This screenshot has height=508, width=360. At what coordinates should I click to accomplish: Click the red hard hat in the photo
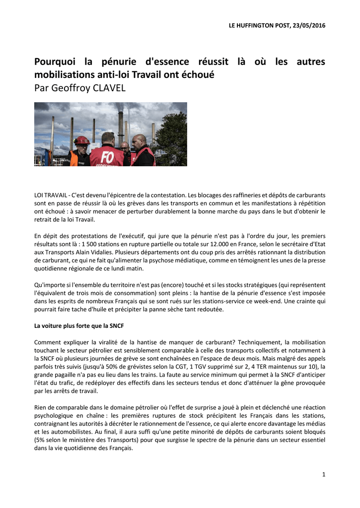[81, 140]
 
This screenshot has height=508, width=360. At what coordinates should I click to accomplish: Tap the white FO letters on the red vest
[108, 158]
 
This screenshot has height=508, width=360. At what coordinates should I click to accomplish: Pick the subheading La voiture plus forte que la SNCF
[78, 326]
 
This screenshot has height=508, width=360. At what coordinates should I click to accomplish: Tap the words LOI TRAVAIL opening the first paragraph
[51, 195]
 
